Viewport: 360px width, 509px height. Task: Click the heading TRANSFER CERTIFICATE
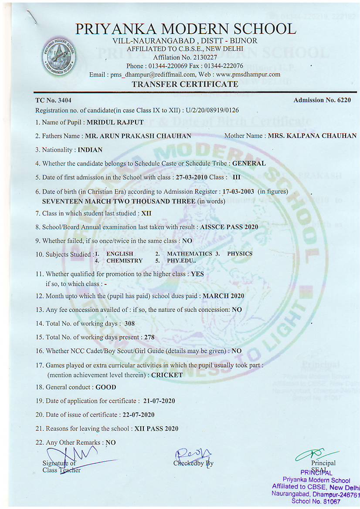click(185, 84)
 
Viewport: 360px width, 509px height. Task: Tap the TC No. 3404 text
click(50, 101)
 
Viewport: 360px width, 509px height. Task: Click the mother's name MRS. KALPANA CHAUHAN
click(312, 136)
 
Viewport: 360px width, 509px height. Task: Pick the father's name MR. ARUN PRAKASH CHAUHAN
click(138, 136)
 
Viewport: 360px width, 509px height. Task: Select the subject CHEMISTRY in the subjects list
click(124, 260)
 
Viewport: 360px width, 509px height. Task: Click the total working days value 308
click(129, 324)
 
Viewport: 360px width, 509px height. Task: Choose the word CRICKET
click(167, 374)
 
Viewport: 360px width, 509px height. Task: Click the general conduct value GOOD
click(106, 387)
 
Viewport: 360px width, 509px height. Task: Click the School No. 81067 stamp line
click(316, 502)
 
